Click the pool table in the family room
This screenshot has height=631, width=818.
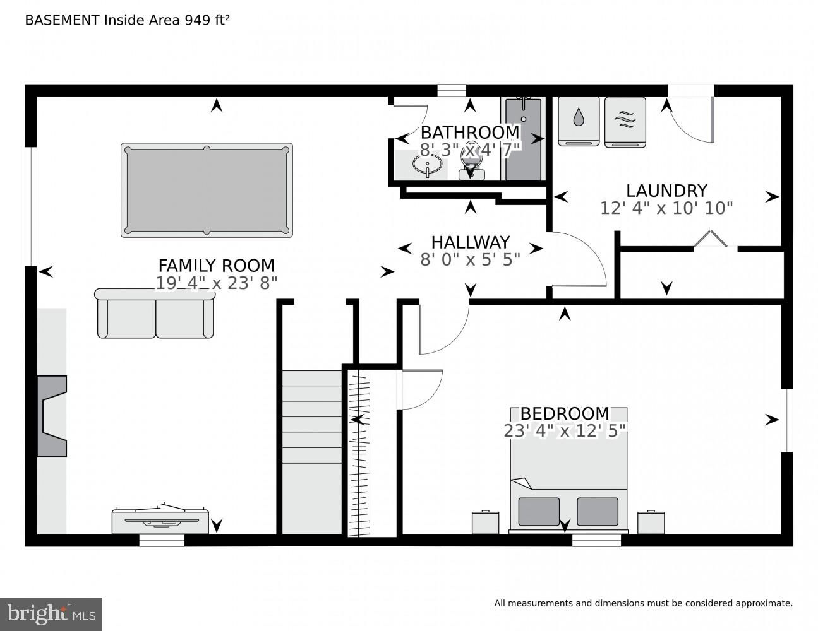point(207,190)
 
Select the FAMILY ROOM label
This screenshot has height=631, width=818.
point(216,266)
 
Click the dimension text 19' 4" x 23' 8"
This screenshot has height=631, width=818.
point(216,283)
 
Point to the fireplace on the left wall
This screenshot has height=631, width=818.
point(52,416)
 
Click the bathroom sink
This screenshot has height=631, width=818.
point(426,166)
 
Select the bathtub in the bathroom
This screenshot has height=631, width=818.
point(523,139)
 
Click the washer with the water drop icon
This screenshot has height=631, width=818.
point(579,122)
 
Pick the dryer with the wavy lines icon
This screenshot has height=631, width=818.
point(625,122)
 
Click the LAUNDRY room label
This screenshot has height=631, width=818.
point(666,191)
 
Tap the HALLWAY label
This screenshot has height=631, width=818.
point(470,242)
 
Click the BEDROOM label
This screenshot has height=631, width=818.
point(565,414)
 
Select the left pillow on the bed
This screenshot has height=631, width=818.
point(539,511)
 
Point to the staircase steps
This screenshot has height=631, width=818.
point(311,416)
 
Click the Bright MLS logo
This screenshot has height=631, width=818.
point(51,613)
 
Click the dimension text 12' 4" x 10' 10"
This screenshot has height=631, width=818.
point(666,208)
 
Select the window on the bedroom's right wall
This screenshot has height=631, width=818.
point(786,420)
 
